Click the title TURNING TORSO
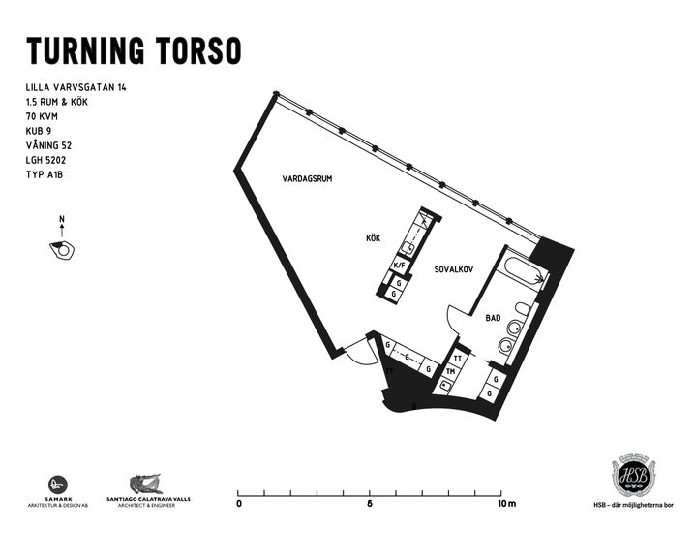coord(134,50)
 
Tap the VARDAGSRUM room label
coord(307,179)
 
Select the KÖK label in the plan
coord(374,238)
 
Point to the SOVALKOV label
coord(454,269)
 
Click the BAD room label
coord(493,318)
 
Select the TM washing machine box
coord(451,372)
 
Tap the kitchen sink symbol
coord(408,248)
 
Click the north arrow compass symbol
coord(62,238)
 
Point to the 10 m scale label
coord(507,504)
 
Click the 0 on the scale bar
coord(239,504)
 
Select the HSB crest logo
coord(633,476)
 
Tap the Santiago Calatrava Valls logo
coord(148,490)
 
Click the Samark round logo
coord(58,485)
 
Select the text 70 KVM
coord(42,116)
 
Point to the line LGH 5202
coord(46,160)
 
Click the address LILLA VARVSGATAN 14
coord(76,87)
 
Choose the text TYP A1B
coord(45,174)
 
